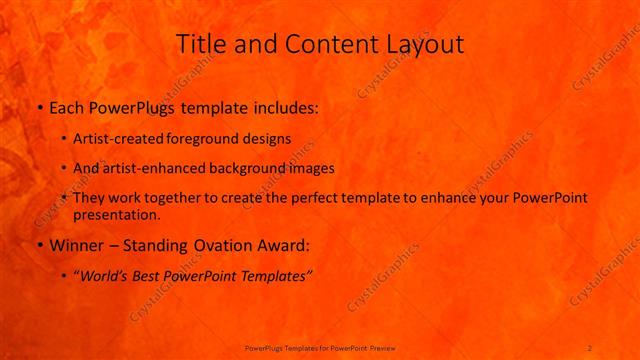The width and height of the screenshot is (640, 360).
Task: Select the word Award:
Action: [284, 244]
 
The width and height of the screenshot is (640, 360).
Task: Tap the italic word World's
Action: [106, 274]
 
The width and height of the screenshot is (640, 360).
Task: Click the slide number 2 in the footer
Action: [590, 347]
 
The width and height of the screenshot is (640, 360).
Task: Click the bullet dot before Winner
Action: [39, 245]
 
